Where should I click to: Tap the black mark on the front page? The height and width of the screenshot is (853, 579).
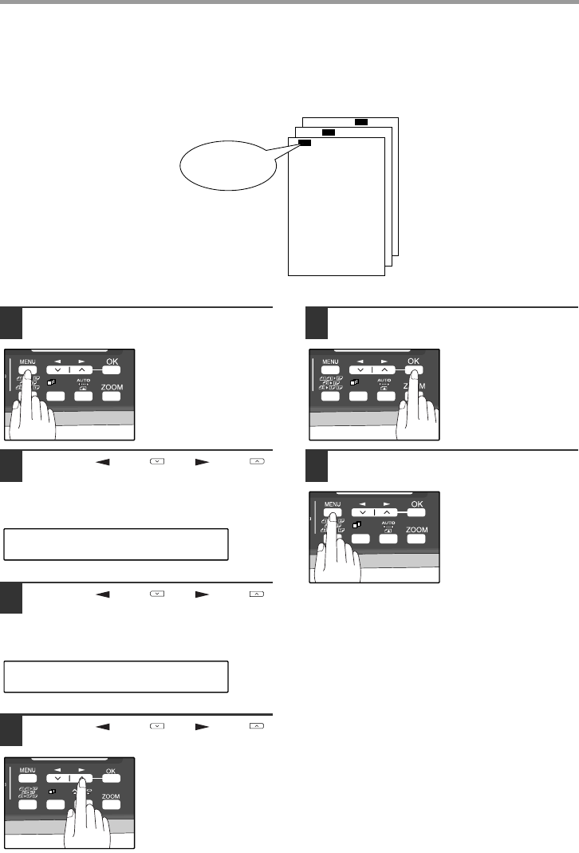304,143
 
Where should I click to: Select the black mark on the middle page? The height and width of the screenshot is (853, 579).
327,132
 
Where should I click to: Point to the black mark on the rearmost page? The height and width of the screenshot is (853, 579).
361,122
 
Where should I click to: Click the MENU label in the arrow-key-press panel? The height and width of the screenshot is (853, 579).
28,771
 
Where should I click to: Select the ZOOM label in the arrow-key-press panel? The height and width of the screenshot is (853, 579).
111,796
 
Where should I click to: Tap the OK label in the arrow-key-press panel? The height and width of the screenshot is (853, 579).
110,771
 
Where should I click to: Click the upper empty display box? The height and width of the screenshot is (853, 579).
116,543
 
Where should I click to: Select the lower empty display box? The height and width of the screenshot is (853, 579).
116,676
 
